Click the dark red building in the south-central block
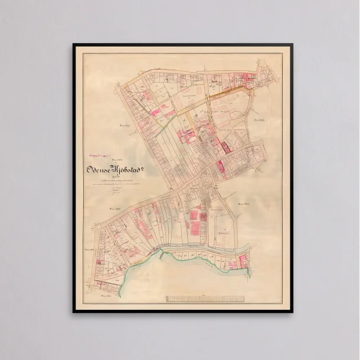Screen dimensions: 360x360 click(x=203, y=217)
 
